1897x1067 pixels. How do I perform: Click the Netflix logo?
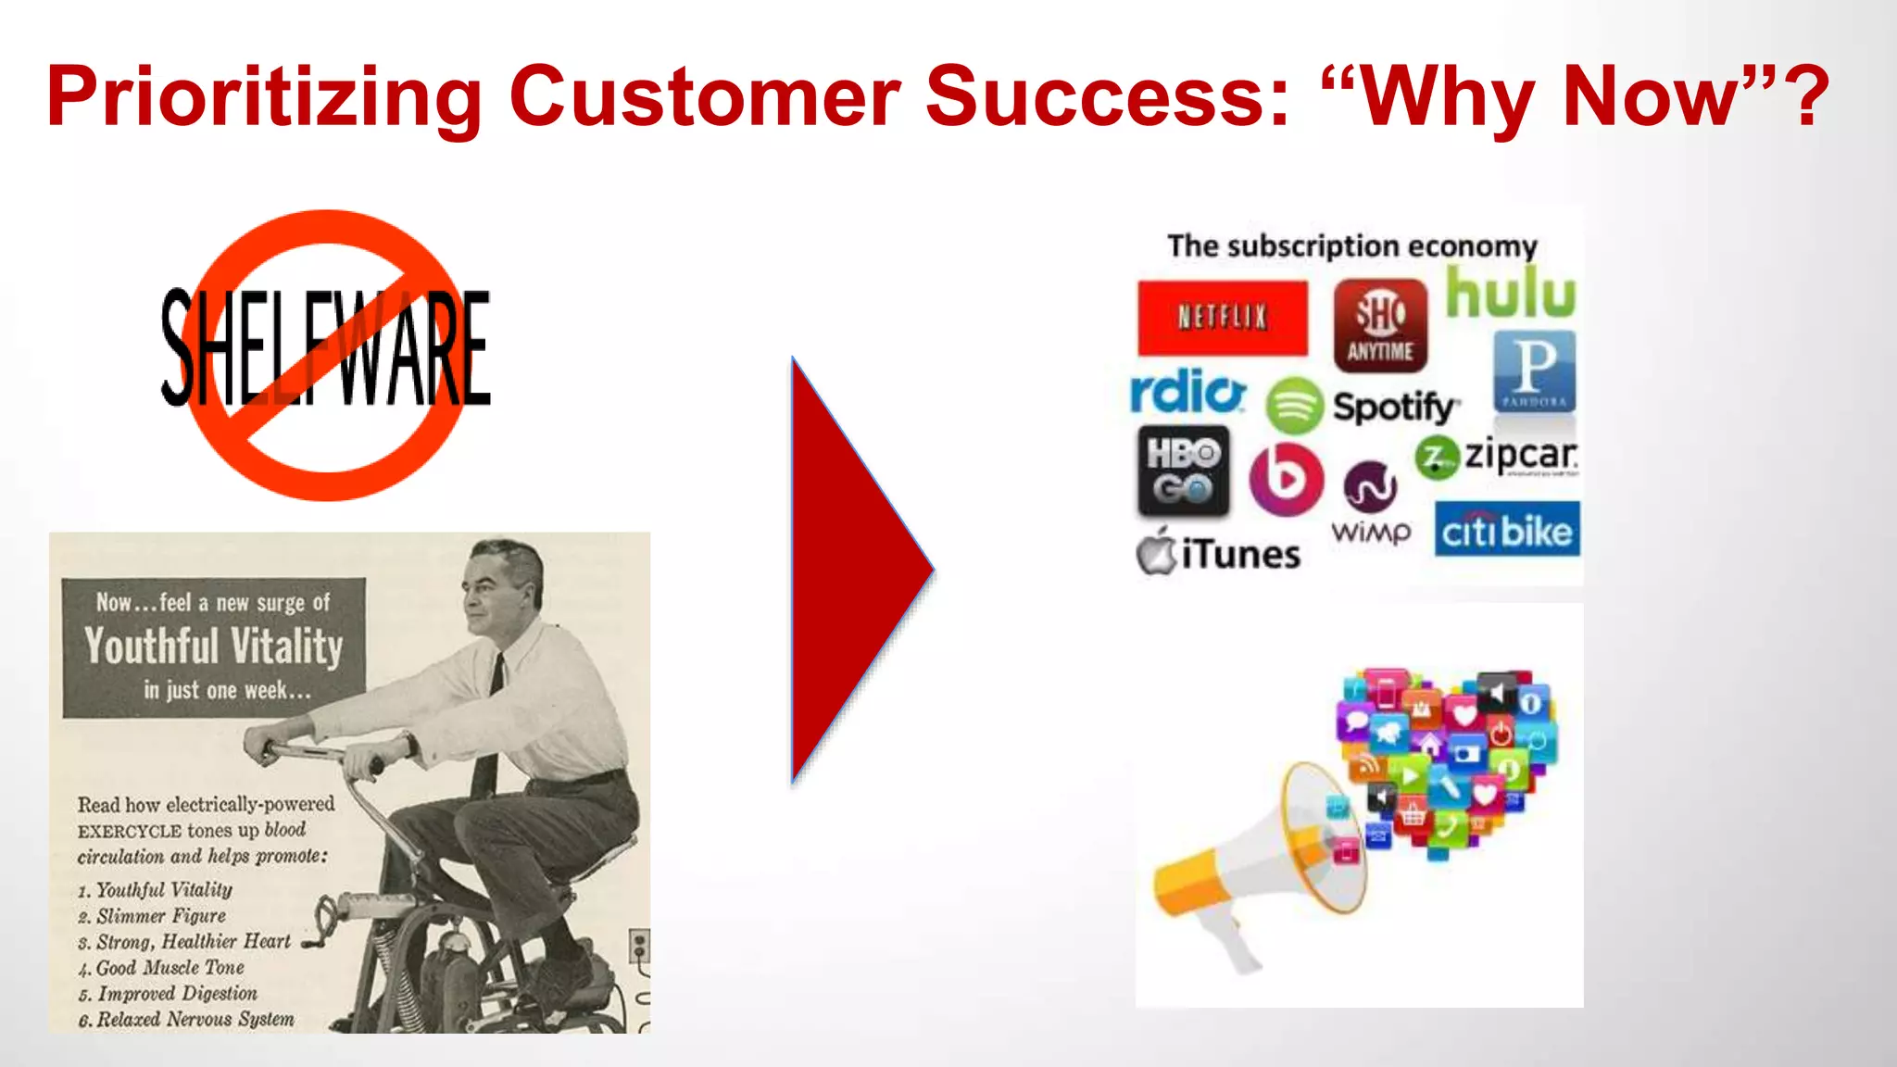coord(1223,318)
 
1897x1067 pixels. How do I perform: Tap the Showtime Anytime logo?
coord(1380,325)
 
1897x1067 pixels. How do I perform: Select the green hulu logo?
coord(1511,293)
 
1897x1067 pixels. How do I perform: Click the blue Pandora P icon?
coord(1534,371)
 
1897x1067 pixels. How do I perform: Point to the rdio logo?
coord(1188,392)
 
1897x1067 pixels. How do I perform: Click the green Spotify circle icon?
coord(1294,406)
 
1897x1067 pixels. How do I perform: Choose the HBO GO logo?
coord(1183,471)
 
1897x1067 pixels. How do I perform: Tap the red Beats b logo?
coord(1286,478)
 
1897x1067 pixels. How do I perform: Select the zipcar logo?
coord(1497,457)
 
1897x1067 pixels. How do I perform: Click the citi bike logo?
coord(1507,530)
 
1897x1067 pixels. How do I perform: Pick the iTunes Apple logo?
coord(1156,552)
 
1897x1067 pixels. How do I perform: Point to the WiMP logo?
coord(1371,505)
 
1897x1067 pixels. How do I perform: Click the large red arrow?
coord(852,570)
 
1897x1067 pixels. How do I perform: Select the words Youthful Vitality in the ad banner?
coord(214,646)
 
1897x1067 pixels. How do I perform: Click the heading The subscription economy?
coord(1351,246)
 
